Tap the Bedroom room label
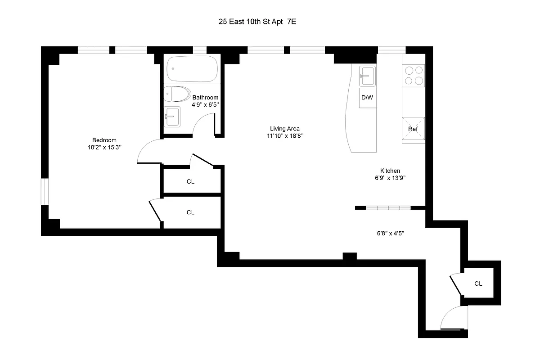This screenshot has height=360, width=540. [104, 139]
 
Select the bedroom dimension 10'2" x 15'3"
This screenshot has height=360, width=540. [104, 147]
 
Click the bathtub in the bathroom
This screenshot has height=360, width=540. [192, 69]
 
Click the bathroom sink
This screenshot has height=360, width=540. [172, 117]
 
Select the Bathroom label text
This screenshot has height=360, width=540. [205, 97]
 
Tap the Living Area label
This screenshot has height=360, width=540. [284, 128]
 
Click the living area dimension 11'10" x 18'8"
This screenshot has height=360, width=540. [284, 135]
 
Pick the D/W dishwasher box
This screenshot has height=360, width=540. [367, 98]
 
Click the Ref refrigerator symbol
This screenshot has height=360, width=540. [413, 129]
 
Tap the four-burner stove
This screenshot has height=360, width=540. [414, 75]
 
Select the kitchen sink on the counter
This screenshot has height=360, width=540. [367, 76]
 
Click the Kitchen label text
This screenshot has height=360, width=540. [390, 171]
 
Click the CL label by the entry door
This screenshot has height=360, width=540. [478, 283]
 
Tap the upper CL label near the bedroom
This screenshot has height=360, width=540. [190, 182]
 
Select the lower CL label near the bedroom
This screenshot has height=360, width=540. [190, 212]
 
